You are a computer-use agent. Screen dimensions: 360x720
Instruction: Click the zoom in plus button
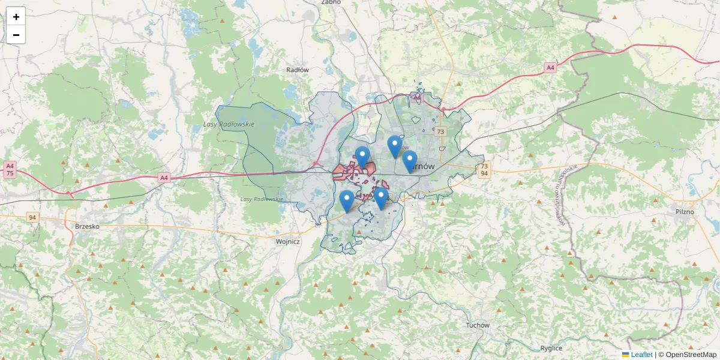tap(16, 17)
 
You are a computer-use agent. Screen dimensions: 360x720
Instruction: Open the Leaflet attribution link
tap(641, 355)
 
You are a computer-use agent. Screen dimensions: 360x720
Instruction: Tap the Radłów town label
tap(298, 70)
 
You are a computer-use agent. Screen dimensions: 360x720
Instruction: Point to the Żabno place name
tap(331, 2)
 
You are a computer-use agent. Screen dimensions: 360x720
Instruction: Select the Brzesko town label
tap(88, 226)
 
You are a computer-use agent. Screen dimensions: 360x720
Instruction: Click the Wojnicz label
tap(287, 241)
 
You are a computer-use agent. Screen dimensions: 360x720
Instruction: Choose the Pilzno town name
tap(684, 212)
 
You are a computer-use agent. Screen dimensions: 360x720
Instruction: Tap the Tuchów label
tap(478, 325)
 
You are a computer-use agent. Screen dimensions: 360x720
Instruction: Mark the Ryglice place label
tap(551, 348)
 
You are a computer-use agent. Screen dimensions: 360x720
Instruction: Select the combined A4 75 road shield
tap(10, 169)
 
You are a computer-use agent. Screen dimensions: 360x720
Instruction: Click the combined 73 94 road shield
tap(484, 169)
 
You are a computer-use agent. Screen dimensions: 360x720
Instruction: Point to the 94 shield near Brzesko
tap(32, 217)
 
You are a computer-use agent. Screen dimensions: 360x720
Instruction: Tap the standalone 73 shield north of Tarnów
tap(441, 131)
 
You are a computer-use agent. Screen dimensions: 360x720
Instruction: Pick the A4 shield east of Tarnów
tap(550, 68)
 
